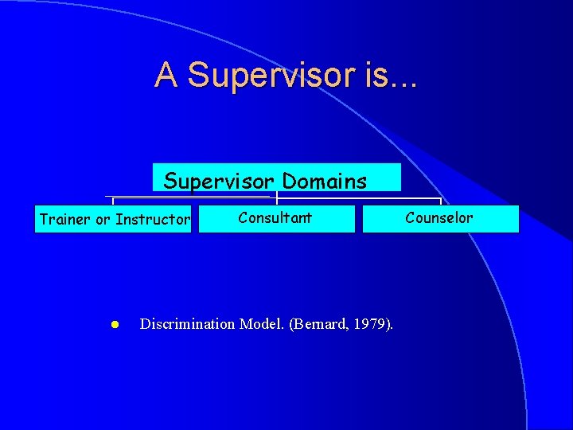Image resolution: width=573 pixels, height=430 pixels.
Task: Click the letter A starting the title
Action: point(166,75)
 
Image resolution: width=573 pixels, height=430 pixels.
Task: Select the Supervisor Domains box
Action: point(277,178)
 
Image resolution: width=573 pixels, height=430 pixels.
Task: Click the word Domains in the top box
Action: point(324,182)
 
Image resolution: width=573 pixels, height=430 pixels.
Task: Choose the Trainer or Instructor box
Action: point(113,219)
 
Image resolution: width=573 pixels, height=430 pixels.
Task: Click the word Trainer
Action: point(65,220)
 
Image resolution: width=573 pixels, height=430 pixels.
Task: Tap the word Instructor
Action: point(153,220)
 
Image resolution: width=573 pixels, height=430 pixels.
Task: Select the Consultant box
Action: point(276,218)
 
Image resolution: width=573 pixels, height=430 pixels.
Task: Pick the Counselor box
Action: point(440,218)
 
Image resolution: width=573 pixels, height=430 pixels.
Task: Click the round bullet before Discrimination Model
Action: point(115,325)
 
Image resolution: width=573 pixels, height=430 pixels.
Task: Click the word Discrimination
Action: point(187,324)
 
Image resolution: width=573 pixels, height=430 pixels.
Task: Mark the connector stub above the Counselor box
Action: point(440,201)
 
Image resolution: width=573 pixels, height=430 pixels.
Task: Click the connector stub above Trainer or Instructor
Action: point(113,201)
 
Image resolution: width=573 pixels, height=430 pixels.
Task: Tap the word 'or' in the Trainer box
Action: point(103,220)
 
